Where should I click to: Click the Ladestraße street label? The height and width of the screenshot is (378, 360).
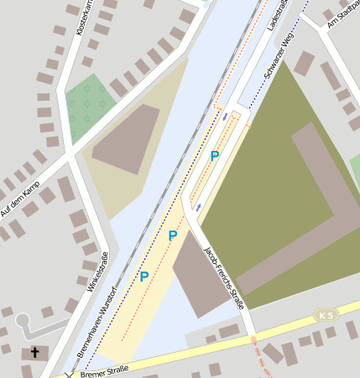pyautogui.click(x=276, y=18)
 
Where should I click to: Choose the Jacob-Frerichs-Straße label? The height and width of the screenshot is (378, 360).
pyautogui.click(x=224, y=277)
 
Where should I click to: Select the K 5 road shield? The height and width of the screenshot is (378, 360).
pyautogui.click(x=326, y=314)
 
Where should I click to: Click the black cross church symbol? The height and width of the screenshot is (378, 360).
pyautogui.click(x=34, y=353)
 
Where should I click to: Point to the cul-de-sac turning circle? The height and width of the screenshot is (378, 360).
pyautogui.click(x=23, y=321)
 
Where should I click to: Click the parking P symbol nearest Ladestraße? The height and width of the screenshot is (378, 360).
pyautogui.click(x=215, y=156)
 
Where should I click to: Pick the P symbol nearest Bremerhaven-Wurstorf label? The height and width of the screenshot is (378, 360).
pyautogui.click(x=144, y=276)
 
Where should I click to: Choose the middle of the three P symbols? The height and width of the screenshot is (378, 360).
pyautogui.click(x=173, y=236)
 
